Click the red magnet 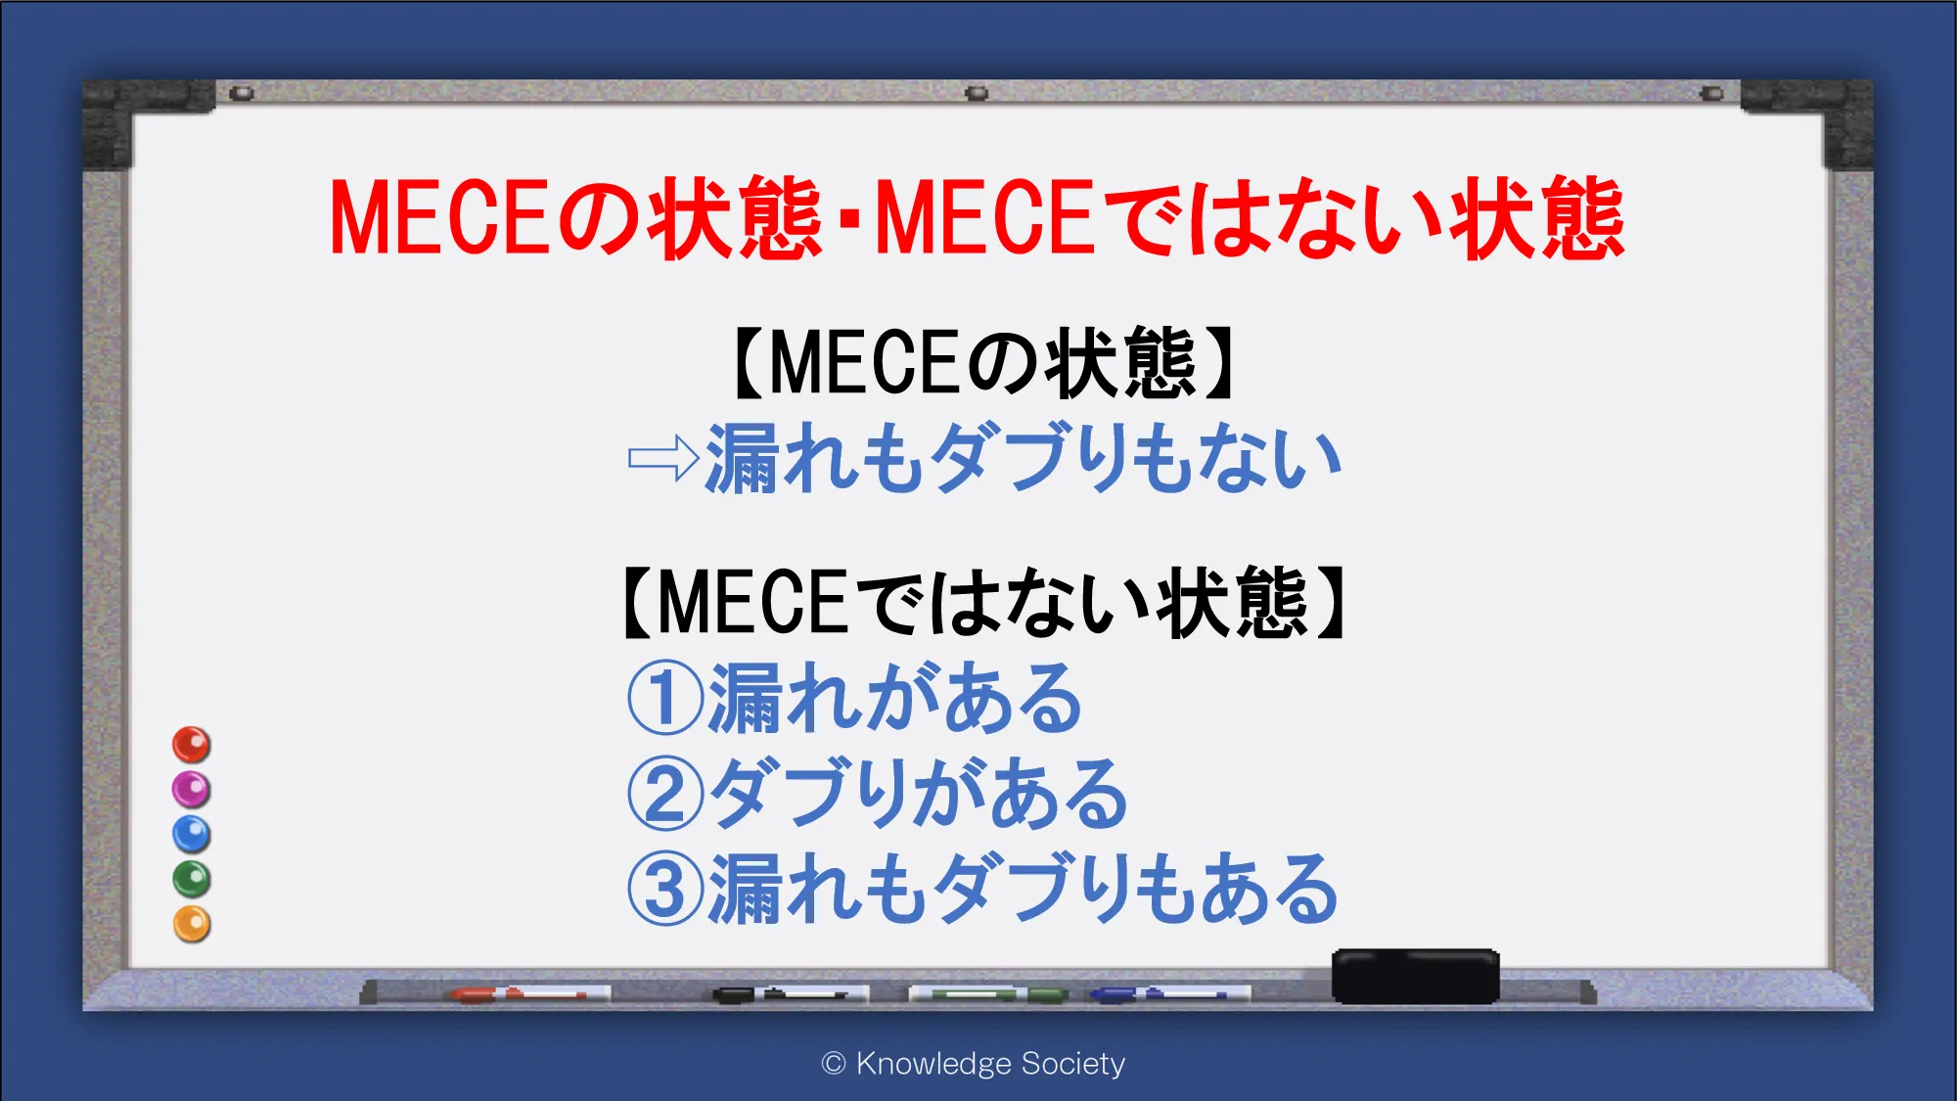click(x=192, y=745)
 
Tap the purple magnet click(x=192, y=790)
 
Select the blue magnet click(x=192, y=835)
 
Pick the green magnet click(x=192, y=880)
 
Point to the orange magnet click(x=192, y=924)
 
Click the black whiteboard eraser click(x=1415, y=976)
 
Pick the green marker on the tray click(x=988, y=994)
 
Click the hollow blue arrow click(x=663, y=458)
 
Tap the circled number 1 click(x=665, y=698)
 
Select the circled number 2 click(x=665, y=794)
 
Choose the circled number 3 click(x=665, y=889)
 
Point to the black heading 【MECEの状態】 click(x=984, y=363)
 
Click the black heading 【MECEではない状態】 click(x=984, y=603)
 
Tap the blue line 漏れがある click(x=894, y=698)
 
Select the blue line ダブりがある click(x=918, y=794)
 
